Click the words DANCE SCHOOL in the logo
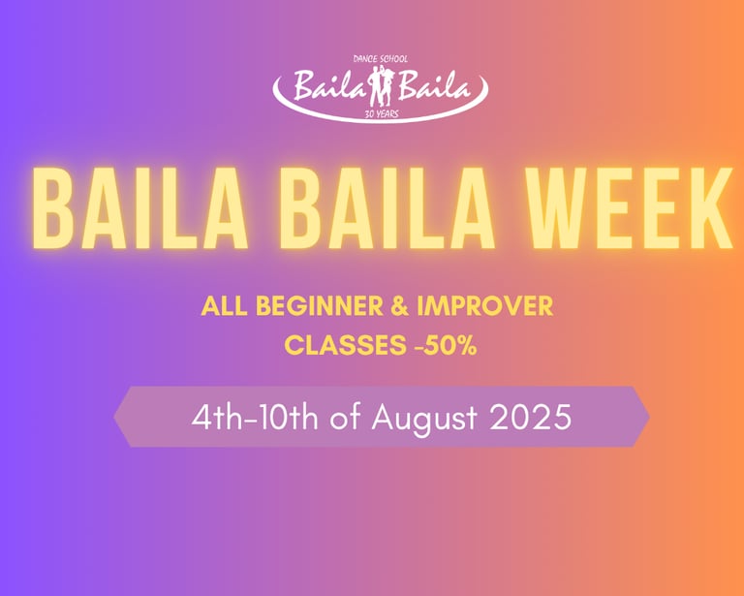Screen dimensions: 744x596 tap(380, 59)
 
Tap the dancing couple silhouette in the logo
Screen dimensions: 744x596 tap(381, 86)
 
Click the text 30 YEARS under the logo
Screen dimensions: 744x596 tap(381, 114)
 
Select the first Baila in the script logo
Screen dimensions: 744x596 tap(331, 85)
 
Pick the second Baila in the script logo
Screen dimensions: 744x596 tap(434, 85)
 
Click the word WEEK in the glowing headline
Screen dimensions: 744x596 tap(629, 208)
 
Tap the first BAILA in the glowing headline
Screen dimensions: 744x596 tap(139, 208)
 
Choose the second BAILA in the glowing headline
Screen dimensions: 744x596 tap(386, 208)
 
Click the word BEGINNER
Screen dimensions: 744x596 tap(320, 306)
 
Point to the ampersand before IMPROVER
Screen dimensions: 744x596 tap(399, 306)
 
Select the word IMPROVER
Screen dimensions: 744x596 tap(485, 306)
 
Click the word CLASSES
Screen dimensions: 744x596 tap(345, 345)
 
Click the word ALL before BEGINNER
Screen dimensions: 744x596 tap(225, 306)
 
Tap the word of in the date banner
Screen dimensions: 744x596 tap(346, 418)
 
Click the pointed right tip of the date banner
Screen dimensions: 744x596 tap(649, 417)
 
